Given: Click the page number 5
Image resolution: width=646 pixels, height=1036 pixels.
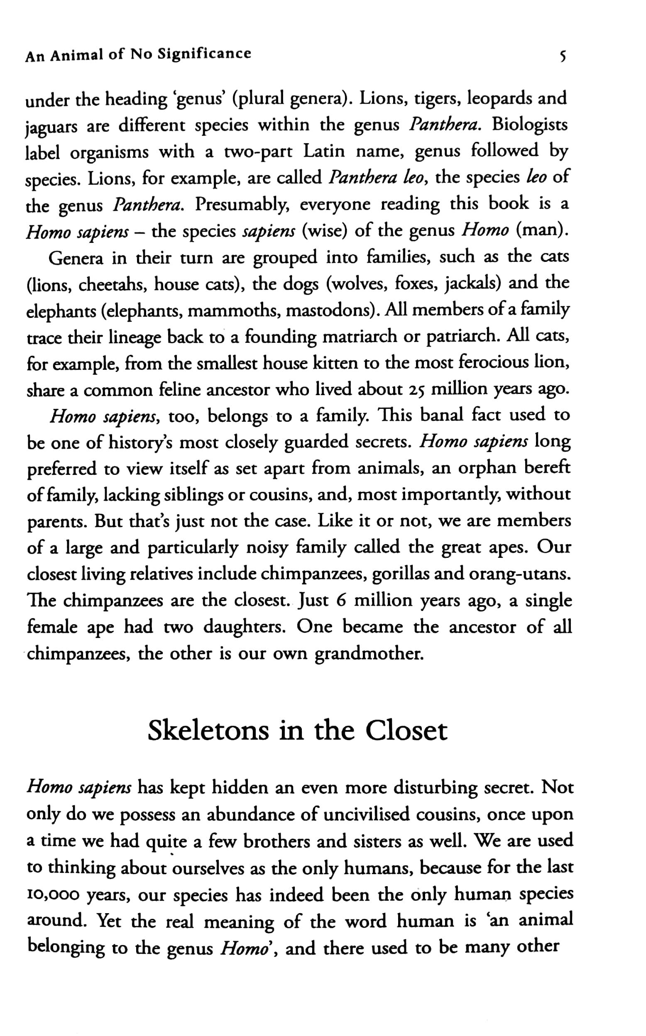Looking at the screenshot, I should tap(563, 56).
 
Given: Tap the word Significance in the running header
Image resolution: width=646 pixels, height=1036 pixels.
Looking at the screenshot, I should tap(204, 54).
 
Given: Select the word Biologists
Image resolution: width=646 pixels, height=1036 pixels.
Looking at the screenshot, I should tap(530, 125).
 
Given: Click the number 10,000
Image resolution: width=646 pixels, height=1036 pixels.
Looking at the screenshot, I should tap(53, 894).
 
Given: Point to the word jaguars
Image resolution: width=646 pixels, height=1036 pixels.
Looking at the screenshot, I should tap(51, 127).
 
